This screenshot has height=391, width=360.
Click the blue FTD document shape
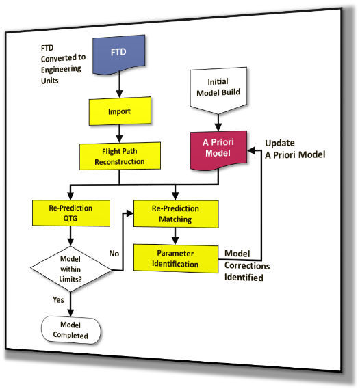[119, 57]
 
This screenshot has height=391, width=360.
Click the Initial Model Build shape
[218, 87]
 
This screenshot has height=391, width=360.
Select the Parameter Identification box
[176, 257]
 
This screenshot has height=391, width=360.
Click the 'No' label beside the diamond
[113, 253]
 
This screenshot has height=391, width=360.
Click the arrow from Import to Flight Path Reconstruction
[119, 131]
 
